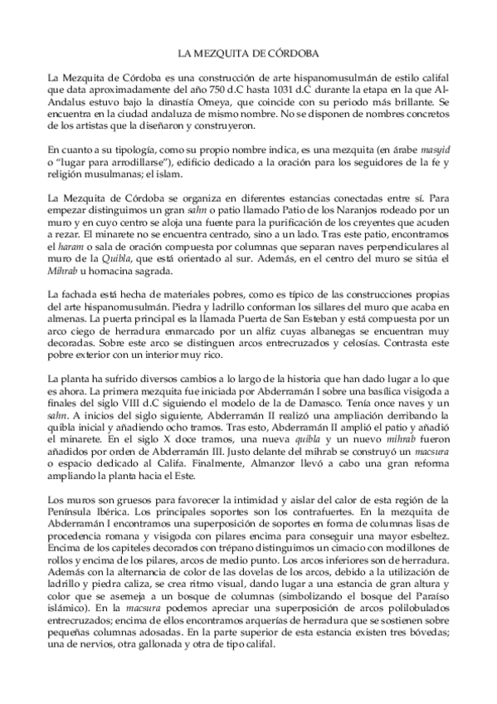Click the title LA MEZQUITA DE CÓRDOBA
[248, 51]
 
